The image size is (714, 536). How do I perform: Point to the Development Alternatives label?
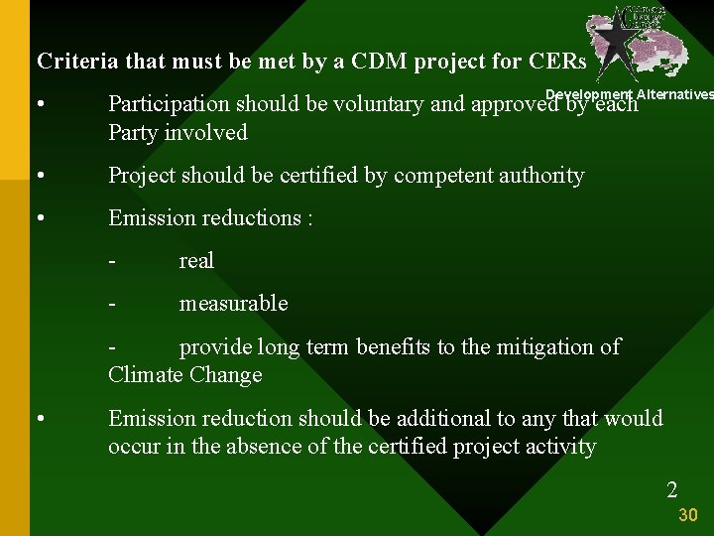tap(630, 94)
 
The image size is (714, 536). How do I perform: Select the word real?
tap(195, 261)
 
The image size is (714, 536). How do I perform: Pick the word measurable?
tap(233, 304)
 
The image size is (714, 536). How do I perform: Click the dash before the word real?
tap(113, 261)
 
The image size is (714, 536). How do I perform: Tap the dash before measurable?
tap(113, 304)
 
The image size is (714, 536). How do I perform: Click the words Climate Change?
tap(185, 375)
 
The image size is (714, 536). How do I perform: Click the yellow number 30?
tap(688, 515)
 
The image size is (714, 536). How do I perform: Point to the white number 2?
tap(672, 489)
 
